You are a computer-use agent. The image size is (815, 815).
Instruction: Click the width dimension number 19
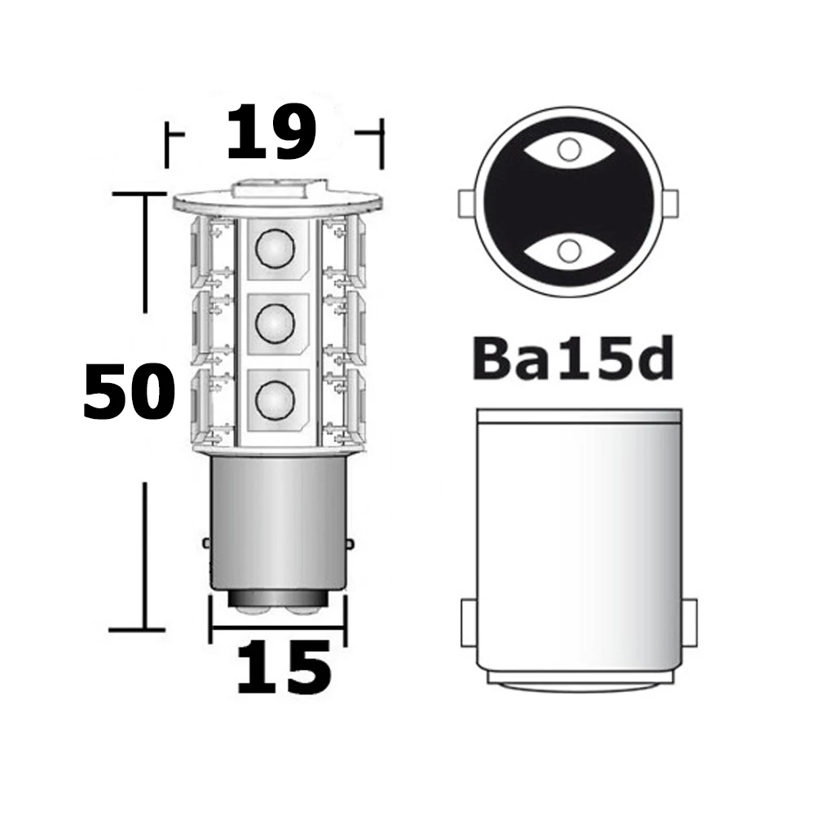tap(271, 132)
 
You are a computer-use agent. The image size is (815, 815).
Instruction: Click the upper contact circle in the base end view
tap(570, 149)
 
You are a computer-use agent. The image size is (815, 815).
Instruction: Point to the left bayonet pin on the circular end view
tap(467, 200)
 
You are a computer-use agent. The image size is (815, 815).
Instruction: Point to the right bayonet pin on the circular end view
tap(673, 200)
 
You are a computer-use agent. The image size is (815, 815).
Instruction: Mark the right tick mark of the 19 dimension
tap(381, 143)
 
